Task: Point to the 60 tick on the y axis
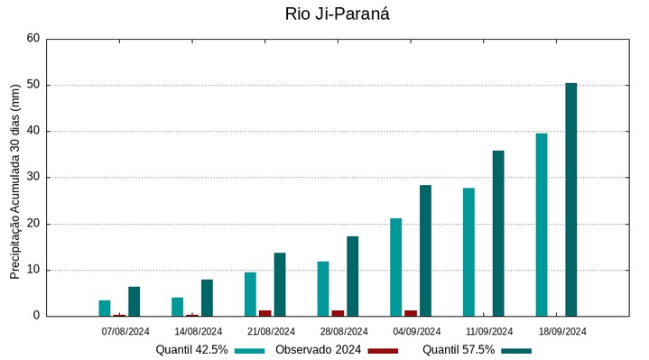tap(33, 39)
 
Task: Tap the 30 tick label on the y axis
tap(33, 178)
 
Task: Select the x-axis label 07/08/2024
tap(125, 331)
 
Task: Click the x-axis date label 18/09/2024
tap(562, 331)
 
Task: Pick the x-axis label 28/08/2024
tap(343, 331)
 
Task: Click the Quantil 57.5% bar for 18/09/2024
tap(570, 199)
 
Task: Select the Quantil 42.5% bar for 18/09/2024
tap(542, 225)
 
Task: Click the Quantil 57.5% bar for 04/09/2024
tap(425, 250)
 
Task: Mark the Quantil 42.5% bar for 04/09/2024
tap(395, 267)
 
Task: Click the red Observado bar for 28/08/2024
tap(338, 313)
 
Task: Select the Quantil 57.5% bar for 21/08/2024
tap(279, 284)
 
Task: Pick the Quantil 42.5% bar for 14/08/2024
tap(177, 307)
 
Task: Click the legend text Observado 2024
tap(318, 350)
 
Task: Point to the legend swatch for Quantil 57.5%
tap(516, 350)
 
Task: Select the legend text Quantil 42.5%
tap(191, 350)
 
